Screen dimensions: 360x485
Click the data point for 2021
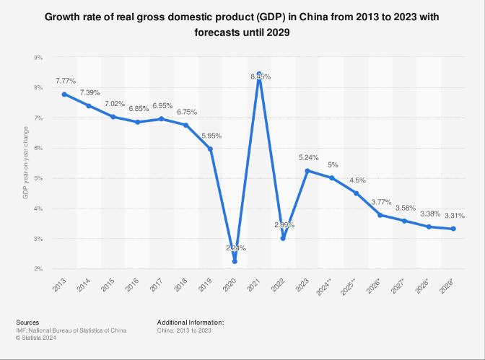click(259, 74)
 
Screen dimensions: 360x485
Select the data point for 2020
click(235, 261)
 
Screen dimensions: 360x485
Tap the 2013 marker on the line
click(64, 95)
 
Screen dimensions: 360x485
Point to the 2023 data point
click(307, 171)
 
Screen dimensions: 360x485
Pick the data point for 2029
click(453, 229)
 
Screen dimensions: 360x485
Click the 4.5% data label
click(357, 180)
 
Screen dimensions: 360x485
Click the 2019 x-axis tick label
click(206, 284)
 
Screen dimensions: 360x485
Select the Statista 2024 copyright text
click(34, 337)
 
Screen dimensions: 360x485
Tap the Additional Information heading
click(191, 322)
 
